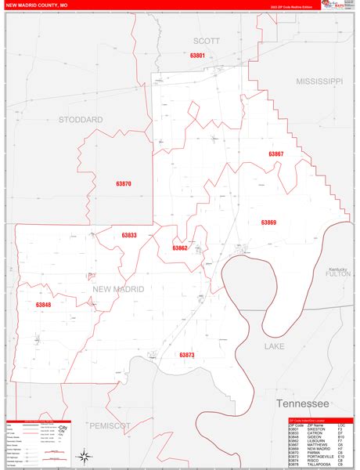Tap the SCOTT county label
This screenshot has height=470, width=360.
207,40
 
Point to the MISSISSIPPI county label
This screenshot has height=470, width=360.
319,81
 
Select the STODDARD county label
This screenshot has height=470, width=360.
81,120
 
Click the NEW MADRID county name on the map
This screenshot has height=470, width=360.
118,289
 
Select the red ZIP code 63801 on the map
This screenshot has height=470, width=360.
197,56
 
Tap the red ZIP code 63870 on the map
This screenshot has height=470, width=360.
124,183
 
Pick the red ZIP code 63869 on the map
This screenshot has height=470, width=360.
268,222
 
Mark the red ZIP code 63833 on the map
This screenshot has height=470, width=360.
129,235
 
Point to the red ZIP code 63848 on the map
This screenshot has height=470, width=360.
43,305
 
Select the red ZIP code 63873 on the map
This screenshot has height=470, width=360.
186,355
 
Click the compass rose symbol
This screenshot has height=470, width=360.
82,454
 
